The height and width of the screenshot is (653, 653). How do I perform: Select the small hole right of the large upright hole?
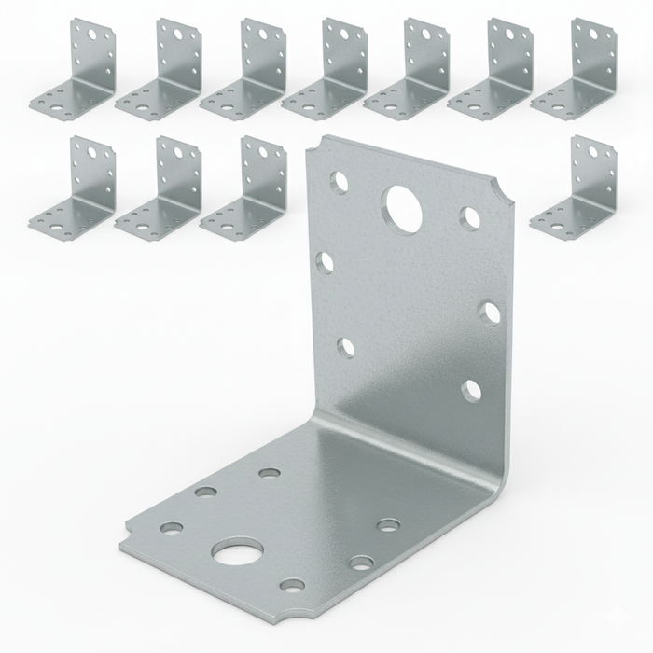pos(470,218)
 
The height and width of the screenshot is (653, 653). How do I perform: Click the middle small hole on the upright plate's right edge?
pos(489,312)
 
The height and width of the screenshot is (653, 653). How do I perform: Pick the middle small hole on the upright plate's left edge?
pos(326,262)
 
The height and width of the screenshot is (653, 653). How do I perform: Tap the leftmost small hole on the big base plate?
pos(171,527)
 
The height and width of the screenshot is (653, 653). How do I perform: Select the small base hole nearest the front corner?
pos(292,585)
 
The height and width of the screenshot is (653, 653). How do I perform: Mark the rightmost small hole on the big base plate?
pos(388,525)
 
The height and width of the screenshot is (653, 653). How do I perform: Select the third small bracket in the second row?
pos(244,187)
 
